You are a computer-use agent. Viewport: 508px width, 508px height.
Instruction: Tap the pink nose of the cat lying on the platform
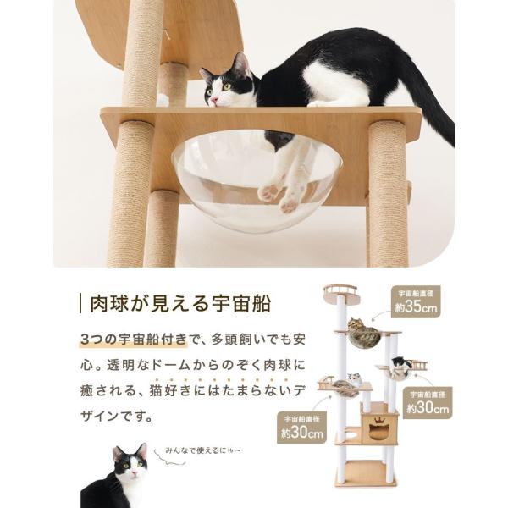tap(213, 100)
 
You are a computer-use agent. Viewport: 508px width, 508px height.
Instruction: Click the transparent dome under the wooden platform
tap(256, 182)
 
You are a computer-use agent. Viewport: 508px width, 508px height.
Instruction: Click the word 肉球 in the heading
tap(109, 304)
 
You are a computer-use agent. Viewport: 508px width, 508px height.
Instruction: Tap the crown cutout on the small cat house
tap(379, 421)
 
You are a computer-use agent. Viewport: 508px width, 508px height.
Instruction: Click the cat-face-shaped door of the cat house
tap(378, 432)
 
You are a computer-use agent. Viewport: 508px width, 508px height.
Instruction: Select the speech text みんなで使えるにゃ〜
tap(203, 450)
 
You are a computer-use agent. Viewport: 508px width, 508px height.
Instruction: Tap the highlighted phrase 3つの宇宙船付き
tap(134, 340)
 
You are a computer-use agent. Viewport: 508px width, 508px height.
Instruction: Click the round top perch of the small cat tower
tap(341, 294)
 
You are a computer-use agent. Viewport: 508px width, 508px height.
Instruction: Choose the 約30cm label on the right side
tap(428, 403)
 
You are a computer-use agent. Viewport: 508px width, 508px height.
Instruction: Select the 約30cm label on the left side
tap(301, 427)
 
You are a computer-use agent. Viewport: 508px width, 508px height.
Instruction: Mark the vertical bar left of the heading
tap(81, 304)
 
